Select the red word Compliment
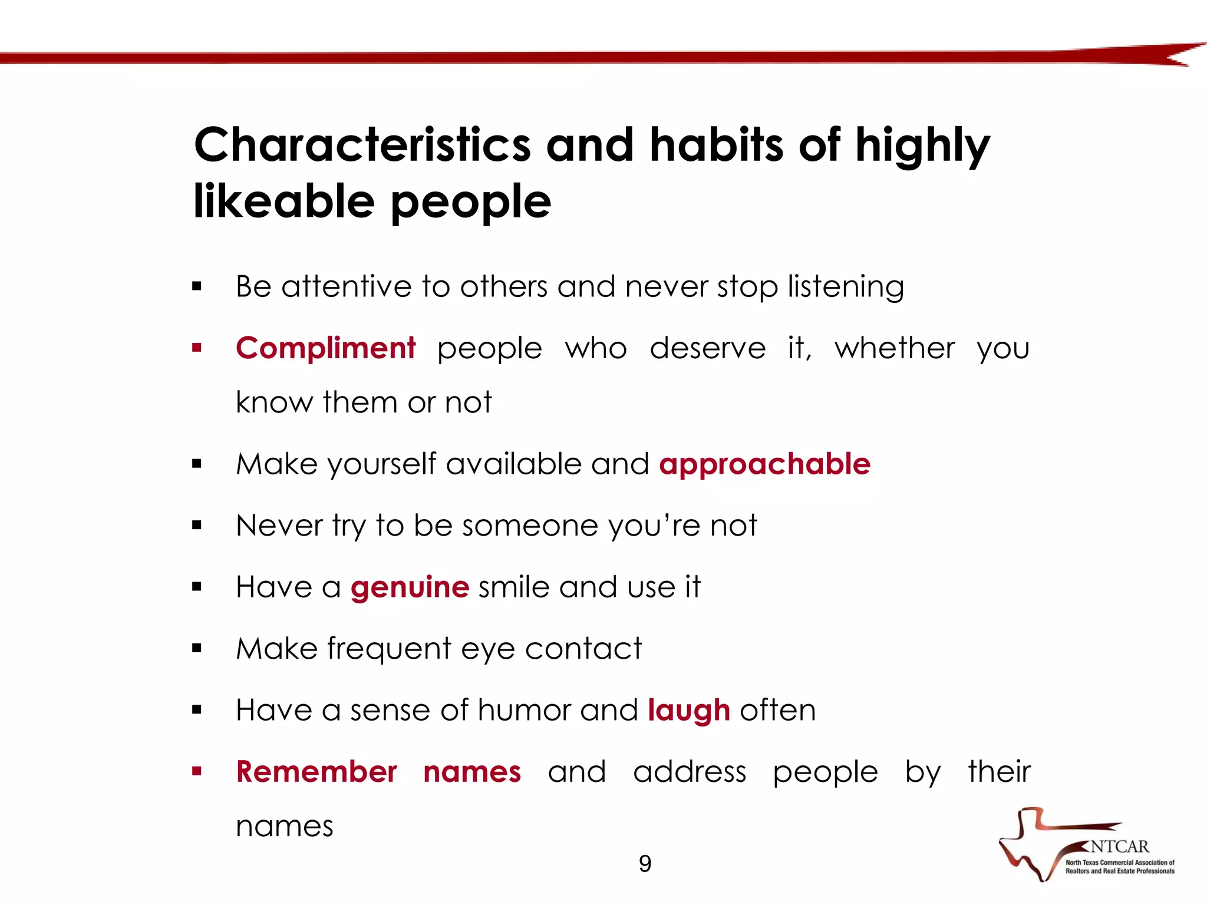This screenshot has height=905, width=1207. [x=325, y=348]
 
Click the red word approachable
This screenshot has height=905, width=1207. [x=764, y=464]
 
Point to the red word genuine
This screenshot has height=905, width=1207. [x=410, y=587]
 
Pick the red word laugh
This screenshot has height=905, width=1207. [x=688, y=711]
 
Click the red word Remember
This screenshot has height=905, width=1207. [x=316, y=772]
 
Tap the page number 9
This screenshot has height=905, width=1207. [x=645, y=864]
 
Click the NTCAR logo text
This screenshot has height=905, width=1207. [x=1119, y=847]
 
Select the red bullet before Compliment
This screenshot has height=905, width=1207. [x=197, y=348]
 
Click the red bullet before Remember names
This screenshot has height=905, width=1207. [x=197, y=771]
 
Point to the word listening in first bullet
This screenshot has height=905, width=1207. [x=846, y=287]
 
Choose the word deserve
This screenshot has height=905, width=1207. [x=707, y=348]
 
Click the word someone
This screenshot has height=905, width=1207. [x=530, y=526]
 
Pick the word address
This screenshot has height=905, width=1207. [x=690, y=772]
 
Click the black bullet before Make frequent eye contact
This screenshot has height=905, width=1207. [x=197, y=649]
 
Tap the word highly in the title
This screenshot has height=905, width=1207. [x=922, y=146]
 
